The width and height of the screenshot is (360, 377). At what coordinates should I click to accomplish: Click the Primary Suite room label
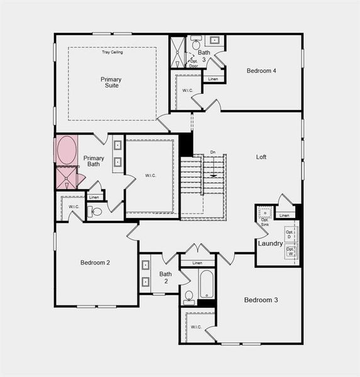111,82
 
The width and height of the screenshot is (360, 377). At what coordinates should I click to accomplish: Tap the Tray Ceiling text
112,52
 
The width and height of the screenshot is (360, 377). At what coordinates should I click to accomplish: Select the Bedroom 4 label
261,70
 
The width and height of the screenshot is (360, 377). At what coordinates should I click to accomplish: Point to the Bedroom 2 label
95,262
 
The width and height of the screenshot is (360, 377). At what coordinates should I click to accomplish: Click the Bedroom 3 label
261,300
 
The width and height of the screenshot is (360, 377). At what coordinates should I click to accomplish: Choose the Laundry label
270,243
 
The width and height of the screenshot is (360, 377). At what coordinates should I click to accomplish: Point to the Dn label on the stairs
213,152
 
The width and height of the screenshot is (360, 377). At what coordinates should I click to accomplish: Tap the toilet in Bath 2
189,296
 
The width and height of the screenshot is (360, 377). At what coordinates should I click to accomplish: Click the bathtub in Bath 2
207,285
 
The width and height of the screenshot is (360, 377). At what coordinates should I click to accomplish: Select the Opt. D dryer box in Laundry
290,234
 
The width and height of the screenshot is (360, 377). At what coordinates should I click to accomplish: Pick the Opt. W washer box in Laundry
290,252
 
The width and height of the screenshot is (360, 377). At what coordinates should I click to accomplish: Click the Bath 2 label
165,277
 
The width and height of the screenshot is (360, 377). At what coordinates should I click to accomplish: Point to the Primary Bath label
94,161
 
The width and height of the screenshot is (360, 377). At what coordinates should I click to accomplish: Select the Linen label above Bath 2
197,263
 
